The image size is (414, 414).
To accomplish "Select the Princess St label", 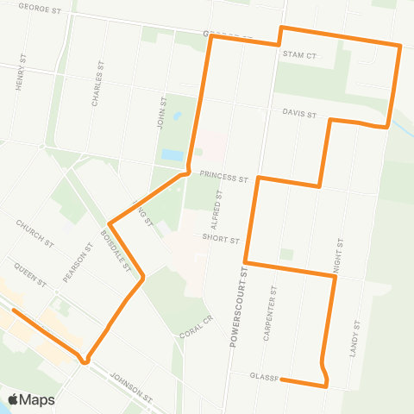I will pyautogui.click(x=223, y=175).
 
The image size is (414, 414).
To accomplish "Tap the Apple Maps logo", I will pyautogui.click(x=31, y=399).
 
